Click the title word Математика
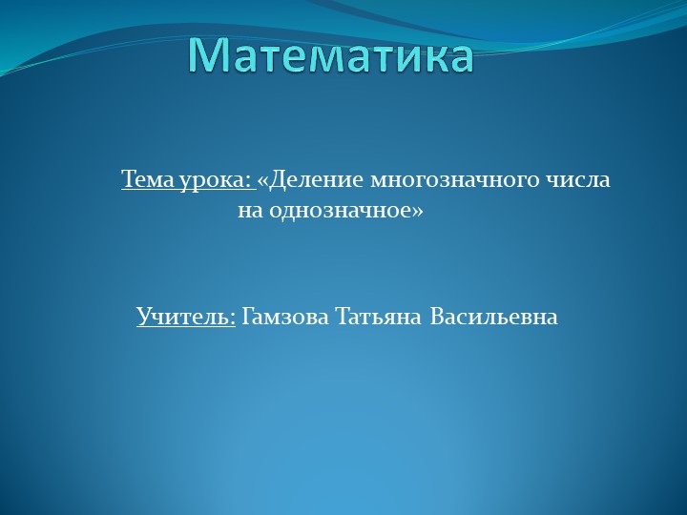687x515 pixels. pyautogui.click(x=329, y=54)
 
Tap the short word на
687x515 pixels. pyautogui.click(x=248, y=211)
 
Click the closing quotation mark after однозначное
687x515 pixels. pyautogui.click(x=417, y=211)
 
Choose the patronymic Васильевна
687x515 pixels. pyautogui.click(x=493, y=317)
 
